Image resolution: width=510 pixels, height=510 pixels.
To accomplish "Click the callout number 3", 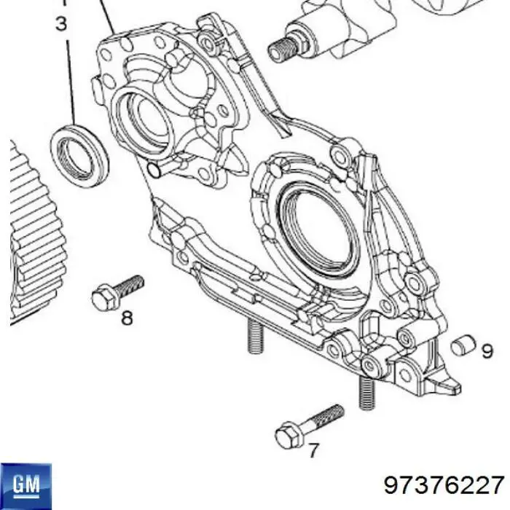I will tap(61, 25).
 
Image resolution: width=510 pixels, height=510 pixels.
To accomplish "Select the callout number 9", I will tap(487, 351).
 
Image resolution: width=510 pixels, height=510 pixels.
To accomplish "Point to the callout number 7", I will tap(313, 451).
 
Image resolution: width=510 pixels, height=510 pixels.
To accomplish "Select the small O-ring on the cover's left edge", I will tap(153, 170).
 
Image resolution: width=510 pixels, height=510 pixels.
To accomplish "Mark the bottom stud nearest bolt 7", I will tap(366, 393).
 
